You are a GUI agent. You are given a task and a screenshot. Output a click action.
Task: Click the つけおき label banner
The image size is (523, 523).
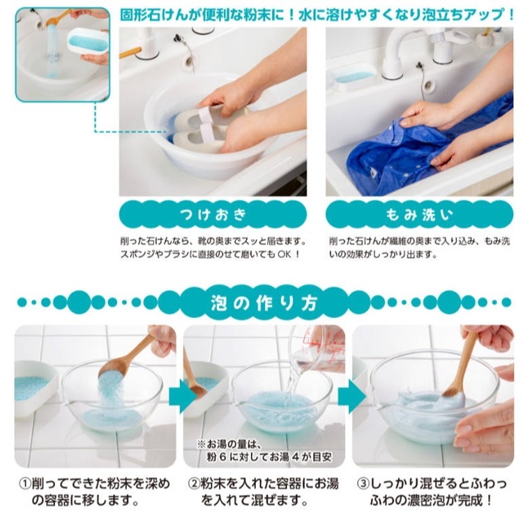(x=211, y=214)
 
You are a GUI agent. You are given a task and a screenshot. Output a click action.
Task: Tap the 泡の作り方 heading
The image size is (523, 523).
(x=263, y=303)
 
